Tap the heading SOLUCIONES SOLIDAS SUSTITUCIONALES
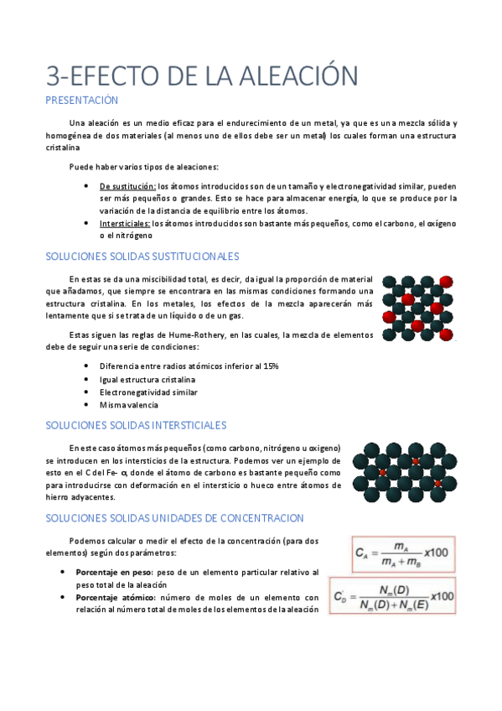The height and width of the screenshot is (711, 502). click(x=142, y=256)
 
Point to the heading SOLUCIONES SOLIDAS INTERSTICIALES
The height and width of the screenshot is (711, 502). click(x=136, y=426)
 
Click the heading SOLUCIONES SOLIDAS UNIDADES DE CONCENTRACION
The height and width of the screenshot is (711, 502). click(x=174, y=519)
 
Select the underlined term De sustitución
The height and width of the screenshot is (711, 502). click(x=127, y=186)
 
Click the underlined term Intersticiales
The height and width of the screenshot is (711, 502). click(x=125, y=224)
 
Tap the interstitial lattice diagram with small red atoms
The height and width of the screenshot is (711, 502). click(x=405, y=472)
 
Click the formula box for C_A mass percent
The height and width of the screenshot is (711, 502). click(x=402, y=554)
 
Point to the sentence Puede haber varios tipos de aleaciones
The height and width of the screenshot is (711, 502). click(x=143, y=166)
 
